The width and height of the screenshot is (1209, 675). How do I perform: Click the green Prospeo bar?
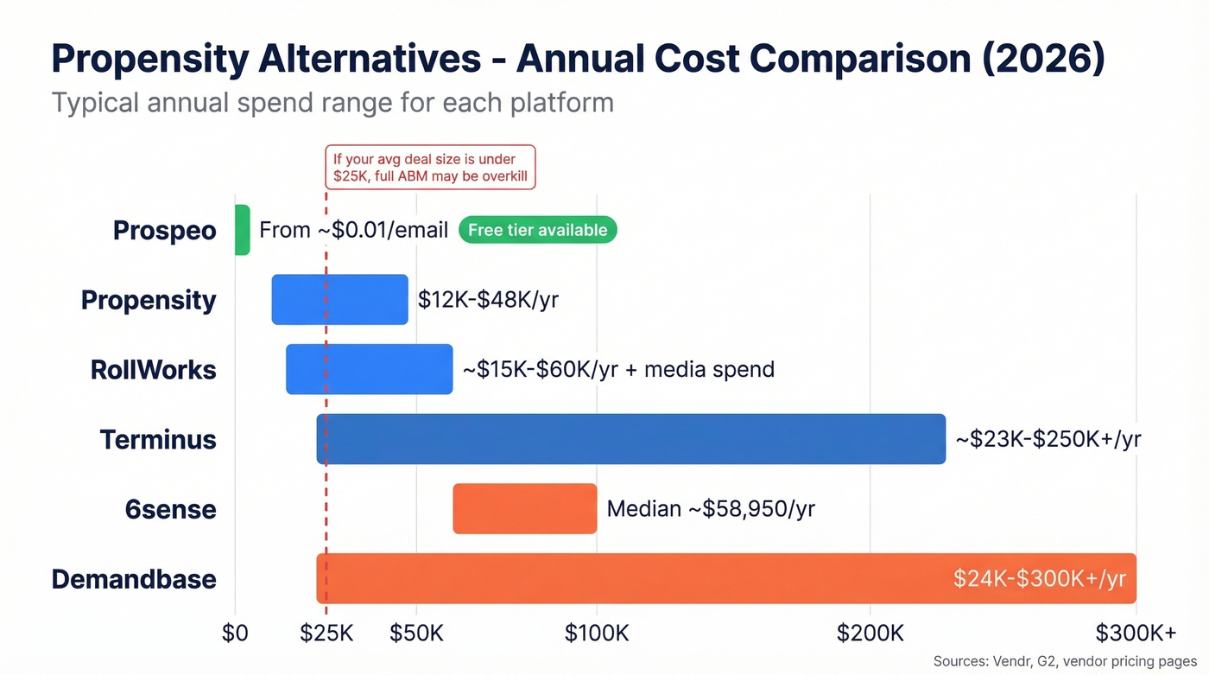coord(242,230)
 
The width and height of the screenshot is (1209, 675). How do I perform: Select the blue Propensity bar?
coord(339,300)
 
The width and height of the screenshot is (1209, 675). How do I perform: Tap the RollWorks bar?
coord(369,369)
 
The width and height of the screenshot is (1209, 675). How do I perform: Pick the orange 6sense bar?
coord(524,508)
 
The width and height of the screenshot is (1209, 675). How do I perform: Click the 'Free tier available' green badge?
coord(537,230)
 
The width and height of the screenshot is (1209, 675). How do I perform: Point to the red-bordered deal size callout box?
coord(430,168)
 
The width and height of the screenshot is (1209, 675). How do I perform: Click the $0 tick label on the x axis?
coord(235,634)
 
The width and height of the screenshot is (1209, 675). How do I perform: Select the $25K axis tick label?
coord(326,634)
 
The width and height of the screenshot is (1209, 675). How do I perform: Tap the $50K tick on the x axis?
coord(416,634)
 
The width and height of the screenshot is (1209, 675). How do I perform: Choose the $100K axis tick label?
coord(596,634)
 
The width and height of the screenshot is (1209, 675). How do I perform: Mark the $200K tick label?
coord(870,634)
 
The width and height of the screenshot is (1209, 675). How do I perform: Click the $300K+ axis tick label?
coord(1136,634)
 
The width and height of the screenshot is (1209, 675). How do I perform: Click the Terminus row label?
coord(157,439)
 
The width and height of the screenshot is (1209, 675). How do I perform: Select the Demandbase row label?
coord(134,578)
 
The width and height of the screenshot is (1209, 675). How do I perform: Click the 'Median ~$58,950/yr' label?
coord(711,509)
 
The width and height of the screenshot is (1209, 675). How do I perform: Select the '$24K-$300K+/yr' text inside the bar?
coord(1039,579)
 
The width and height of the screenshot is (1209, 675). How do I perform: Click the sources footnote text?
coord(1067,661)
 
